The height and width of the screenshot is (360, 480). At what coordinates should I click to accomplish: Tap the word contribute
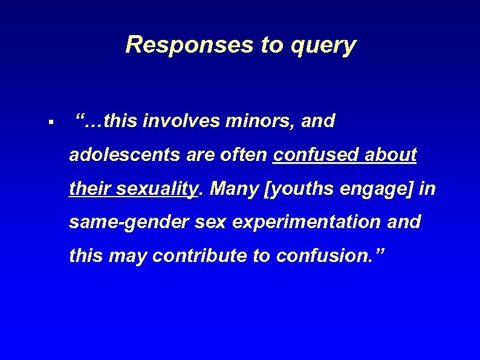200,256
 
